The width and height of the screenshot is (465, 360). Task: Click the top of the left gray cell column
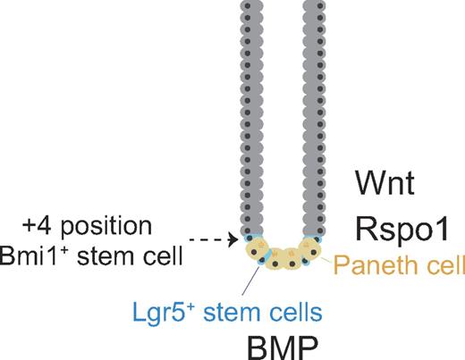[252, 7]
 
